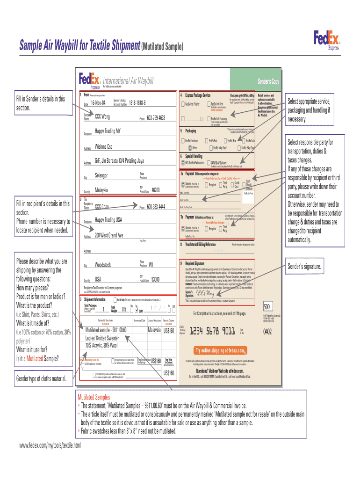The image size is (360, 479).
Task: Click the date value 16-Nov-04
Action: [99, 103]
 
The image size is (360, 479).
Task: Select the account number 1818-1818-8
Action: [137, 102]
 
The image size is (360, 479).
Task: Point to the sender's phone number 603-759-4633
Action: [156, 118]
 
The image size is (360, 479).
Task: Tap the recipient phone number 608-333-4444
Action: [156, 206]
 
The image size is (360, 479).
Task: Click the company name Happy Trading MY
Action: [108, 131]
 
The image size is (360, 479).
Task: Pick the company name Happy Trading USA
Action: [108, 220]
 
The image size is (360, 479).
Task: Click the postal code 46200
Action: [156, 190]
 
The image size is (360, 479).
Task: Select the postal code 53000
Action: [156, 279]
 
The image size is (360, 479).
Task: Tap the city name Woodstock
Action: [103, 265]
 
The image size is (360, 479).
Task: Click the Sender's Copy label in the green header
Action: [268, 82]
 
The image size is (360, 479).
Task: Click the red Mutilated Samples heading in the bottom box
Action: [94, 397]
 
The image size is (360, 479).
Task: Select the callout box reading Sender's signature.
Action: [304, 267]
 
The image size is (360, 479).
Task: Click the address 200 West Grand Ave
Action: [109, 235]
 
